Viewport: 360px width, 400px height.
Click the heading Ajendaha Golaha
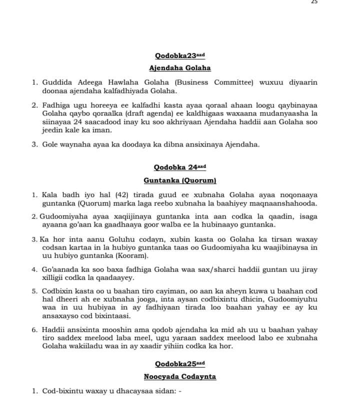pyautogui.click(x=180, y=68)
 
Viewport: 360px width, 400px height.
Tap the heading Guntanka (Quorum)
pyautogui.click(x=180, y=179)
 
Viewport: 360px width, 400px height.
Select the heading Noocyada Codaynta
pyautogui.click(x=180, y=376)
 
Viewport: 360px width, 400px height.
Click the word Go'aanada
pyautogui.click(x=61, y=269)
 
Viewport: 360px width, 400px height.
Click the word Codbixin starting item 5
pyautogui.click(x=59, y=291)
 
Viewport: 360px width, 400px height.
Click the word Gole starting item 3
pyautogui.click(x=49, y=144)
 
